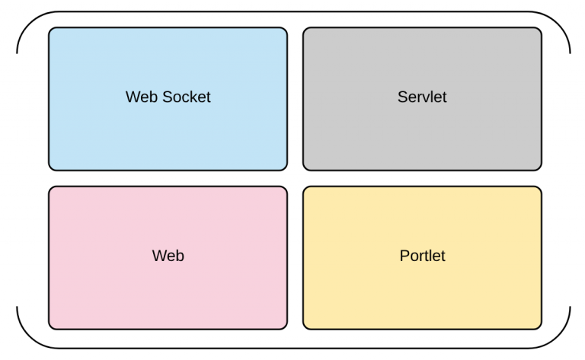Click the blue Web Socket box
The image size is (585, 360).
tap(168, 99)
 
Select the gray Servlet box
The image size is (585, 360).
tap(422, 99)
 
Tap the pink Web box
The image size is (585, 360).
tap(168, 258)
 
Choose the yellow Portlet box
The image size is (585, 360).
tap(422, 258)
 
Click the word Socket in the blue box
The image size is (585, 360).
tap(187, 97)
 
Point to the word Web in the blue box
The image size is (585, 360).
tap(142, 97)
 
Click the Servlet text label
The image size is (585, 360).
tap(422, 97)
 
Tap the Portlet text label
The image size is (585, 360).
tap(422, 256)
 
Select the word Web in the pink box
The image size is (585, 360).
tap(168, 256)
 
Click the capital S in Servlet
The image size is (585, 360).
tap(402, 97)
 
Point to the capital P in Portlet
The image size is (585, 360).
tap(404, 256)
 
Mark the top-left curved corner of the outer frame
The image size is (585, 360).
tap(28, 22)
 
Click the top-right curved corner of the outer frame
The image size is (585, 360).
tap(559, 22)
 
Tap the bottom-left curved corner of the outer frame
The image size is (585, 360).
tap(28, 338)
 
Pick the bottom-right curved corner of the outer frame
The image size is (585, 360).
tap(559, 338)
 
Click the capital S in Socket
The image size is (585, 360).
tap(168, 97)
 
